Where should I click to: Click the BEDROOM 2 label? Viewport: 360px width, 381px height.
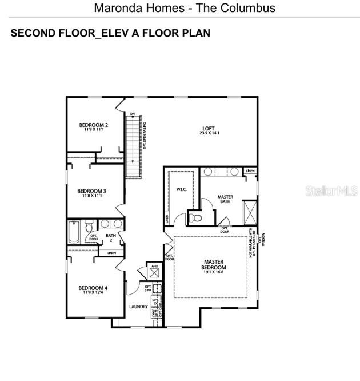93,125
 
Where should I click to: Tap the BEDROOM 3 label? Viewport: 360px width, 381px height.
91,191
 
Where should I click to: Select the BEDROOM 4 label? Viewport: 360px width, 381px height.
93,288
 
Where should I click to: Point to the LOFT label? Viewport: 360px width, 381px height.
210,128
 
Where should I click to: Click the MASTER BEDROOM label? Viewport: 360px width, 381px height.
214,265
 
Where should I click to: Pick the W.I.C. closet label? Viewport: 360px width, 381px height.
182,189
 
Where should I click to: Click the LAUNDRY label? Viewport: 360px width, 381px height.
138,307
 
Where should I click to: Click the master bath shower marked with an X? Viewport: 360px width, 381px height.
249,212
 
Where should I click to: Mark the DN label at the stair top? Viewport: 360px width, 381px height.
133,114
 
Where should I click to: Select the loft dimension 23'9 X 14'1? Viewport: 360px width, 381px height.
210,133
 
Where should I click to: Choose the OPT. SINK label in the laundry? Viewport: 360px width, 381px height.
147,288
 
